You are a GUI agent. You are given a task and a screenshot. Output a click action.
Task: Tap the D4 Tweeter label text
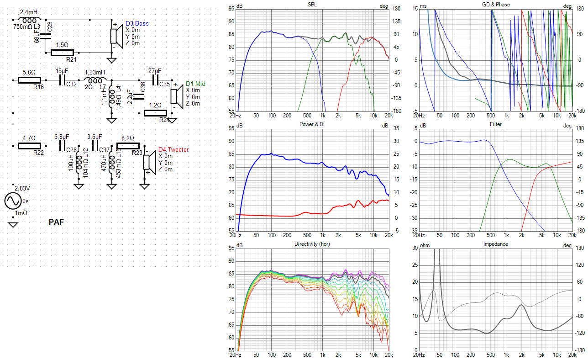pyautogui.click(x=173, y=149)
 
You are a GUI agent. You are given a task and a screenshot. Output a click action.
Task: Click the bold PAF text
pyautogui.click(x=56, y=222)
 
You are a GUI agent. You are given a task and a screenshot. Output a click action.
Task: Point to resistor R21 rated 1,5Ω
pyautogui.click(x=62, y=52)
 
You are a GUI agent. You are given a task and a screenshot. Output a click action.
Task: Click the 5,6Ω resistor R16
pyautogui.click(x=29, y=80)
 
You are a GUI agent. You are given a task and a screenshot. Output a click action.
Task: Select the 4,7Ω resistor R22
pyautogui.click(x=29, y=146)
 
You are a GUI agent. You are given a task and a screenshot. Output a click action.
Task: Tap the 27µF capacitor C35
pyautogui.click(x=155, y=80)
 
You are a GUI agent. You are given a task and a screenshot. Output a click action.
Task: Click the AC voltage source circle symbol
pyautogui.click(x=13, y=201)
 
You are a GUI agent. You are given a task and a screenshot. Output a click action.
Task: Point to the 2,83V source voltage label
pyautogui.click(x=23, y=188)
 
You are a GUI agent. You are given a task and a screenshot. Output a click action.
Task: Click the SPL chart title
pyautogui.click(x=312, y=5)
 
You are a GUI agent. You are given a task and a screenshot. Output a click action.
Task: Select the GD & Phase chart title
pyautogui.click(x=496, y=5)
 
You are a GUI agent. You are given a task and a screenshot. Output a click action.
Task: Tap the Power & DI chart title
pyautogui.click(x=312, y=124)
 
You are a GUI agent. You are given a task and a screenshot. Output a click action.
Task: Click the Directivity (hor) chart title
pyautogui.click(x=312, y=244)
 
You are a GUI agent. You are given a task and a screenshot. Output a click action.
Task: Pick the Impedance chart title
pyautogui.click(x=495, y=244)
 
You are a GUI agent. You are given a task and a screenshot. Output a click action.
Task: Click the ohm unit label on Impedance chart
pyautogui.click(x=425, y=245)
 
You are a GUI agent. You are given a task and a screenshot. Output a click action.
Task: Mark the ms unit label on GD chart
pyautogui.click(x=424, y=6)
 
